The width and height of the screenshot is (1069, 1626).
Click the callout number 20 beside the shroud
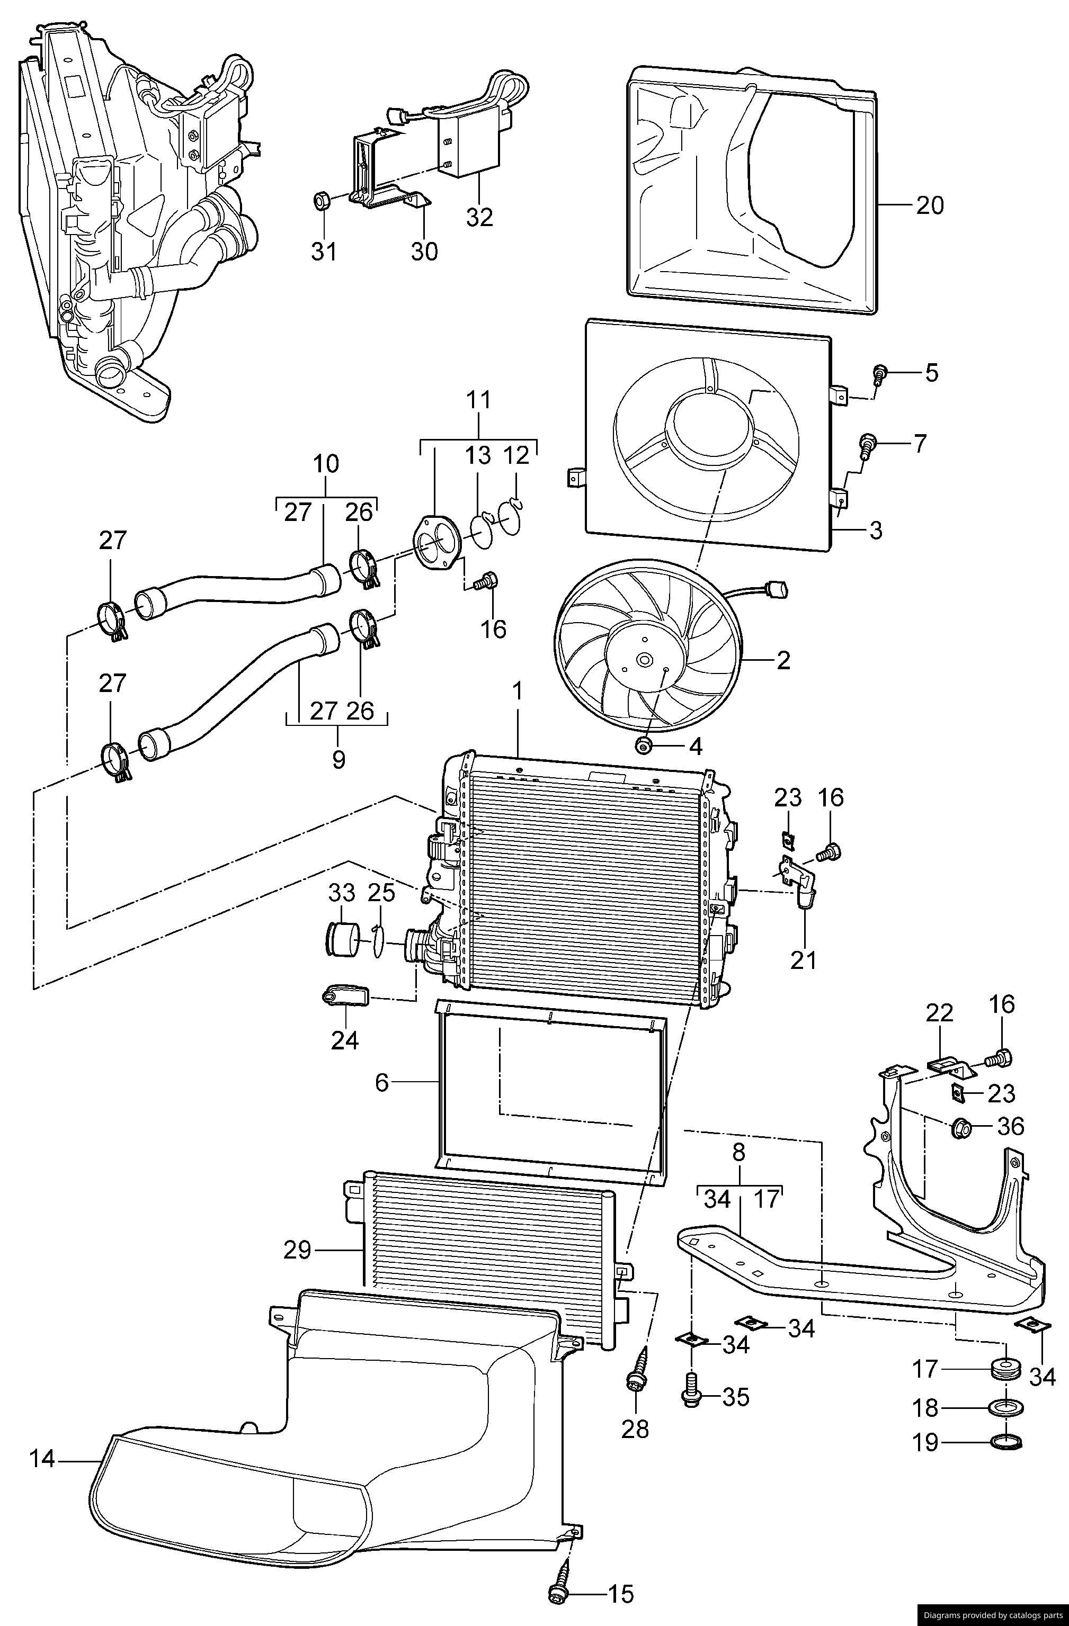point(930,205)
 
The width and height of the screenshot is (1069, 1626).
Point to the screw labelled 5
point(880,373)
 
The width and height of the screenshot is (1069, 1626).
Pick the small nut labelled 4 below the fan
point(643,745)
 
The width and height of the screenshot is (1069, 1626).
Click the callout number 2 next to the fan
point(783,660)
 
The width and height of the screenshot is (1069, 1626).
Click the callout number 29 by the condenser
point(297,1250)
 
